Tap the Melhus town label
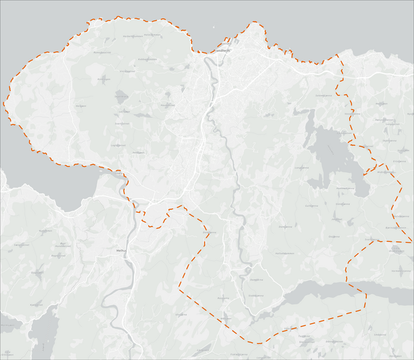click(120, 250)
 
